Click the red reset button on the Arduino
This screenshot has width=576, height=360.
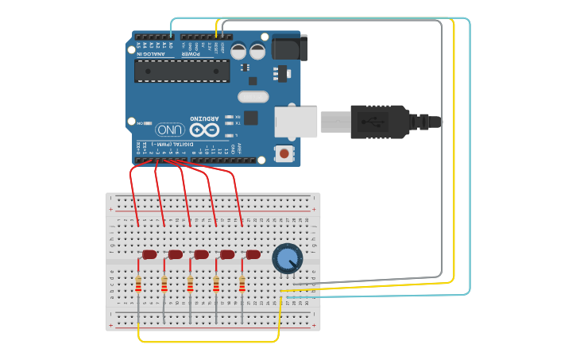pyautogui.click(x=283, y=152)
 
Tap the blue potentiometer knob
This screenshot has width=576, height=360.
pyautogui.click(x=287, y=258)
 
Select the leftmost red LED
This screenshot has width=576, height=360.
pyautogui.click(x=149, y=254)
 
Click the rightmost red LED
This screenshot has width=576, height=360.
pyautogui.click(x=253, y=254)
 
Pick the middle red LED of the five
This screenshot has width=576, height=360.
pyautogui.click(x=201, y=254)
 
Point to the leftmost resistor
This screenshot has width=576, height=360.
pyautogui.click(x=138, y=284)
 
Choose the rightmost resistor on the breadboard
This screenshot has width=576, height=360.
pyautogui.click(x=242, y=284)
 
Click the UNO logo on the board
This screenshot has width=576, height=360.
pyautogui.click(x=169, y=129)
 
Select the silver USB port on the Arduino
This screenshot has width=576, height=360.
pyautogui.click(x=296, y=122)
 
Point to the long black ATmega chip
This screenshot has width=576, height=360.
pyautogui.click(x=182, y=71)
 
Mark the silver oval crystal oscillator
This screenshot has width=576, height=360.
pyautogui.click(x=253, y=97)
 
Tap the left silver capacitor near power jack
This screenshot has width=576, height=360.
pyautogui.click(x=239, y=52)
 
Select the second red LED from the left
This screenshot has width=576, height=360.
pyautogui.click(x=175, y=254)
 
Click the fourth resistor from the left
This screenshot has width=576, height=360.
pyautogui.click(x=216, y=284)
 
